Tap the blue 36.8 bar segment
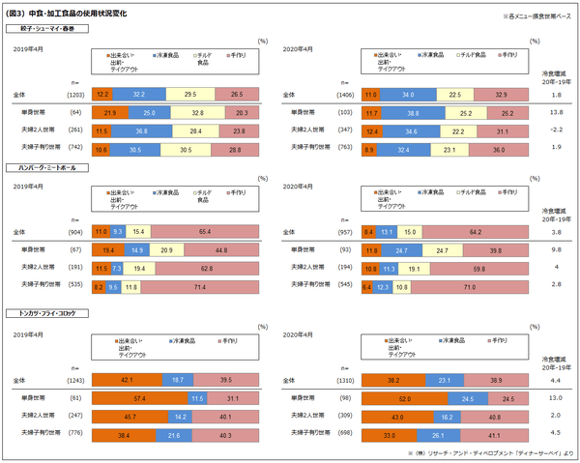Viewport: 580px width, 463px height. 141,130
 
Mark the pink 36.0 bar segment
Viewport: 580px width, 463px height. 499,148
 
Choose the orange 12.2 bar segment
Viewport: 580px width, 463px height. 102,95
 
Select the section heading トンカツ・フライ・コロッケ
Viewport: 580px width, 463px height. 46,314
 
